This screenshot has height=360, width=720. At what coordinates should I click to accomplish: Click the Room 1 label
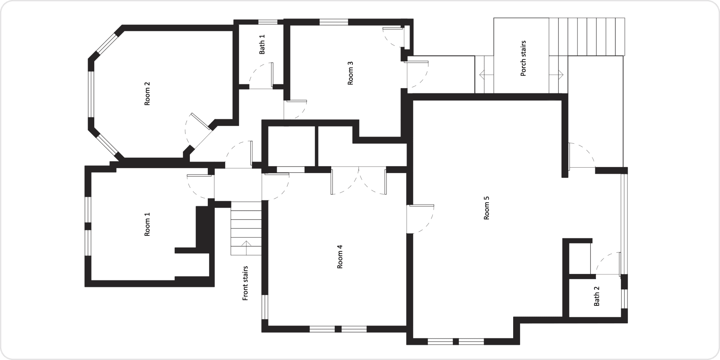point(147,224)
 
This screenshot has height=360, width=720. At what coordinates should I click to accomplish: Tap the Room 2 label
point(147,94)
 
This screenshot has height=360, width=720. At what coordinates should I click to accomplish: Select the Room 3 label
point(350,73)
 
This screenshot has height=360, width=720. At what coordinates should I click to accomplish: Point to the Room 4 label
point(340,257)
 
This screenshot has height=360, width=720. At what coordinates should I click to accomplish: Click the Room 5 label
point(486,208)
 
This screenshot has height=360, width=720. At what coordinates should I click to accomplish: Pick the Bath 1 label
point(262,45)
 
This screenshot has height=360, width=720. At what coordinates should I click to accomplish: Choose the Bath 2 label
point(597,296)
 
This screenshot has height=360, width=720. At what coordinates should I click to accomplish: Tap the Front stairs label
point(245,283)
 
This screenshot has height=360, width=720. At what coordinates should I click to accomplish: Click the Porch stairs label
point(523,59)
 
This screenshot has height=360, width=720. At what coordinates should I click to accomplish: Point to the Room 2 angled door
point(200,121)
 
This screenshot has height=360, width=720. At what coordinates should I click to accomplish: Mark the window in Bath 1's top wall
point(268,22)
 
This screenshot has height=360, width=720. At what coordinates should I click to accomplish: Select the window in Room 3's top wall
point(333,22)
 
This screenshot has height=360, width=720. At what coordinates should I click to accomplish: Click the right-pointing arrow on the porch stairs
point(557,75)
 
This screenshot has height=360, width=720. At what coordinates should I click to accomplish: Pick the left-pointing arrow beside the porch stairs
point(486,75)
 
